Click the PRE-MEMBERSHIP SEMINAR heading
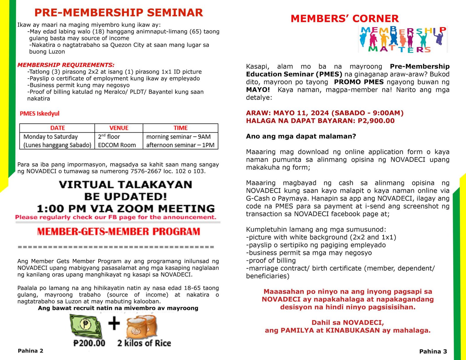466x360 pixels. [119, 13]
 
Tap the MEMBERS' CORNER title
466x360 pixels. [345, 19]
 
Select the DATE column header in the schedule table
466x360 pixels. [57, 128]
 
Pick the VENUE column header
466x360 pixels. [119, 128]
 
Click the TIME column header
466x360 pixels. [181, 128]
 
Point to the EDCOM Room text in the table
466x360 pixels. [117, 145]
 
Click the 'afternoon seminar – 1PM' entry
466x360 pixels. [180, 145]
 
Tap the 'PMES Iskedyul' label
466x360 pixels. [40, 114]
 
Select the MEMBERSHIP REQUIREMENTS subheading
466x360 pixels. [66, 65]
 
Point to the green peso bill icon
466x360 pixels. [86, 325]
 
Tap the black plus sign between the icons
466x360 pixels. [114, 323]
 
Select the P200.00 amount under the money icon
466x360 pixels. [89, 343]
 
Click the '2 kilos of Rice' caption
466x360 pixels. [144, 343]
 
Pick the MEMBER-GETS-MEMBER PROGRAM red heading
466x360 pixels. [119, 232]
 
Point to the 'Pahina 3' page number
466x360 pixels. [433, 352]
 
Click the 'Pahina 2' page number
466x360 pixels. [31, 351]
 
